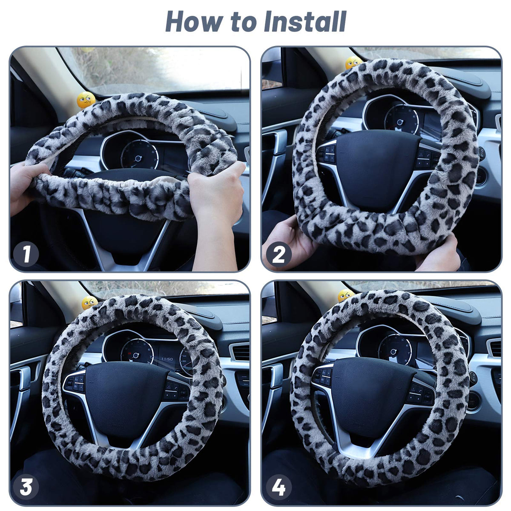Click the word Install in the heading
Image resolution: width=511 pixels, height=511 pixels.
305,22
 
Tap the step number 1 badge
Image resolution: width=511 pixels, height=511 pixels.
26,254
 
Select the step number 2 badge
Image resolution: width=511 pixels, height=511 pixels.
278,254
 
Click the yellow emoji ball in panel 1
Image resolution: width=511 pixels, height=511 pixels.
86,100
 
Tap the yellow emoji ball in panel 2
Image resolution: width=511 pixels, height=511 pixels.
353,62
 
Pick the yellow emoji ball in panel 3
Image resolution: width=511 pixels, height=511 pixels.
89,303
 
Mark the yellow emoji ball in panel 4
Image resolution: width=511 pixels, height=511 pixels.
346,295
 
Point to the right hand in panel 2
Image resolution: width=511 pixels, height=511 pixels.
440,252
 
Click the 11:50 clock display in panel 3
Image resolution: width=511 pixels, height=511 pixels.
167,359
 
